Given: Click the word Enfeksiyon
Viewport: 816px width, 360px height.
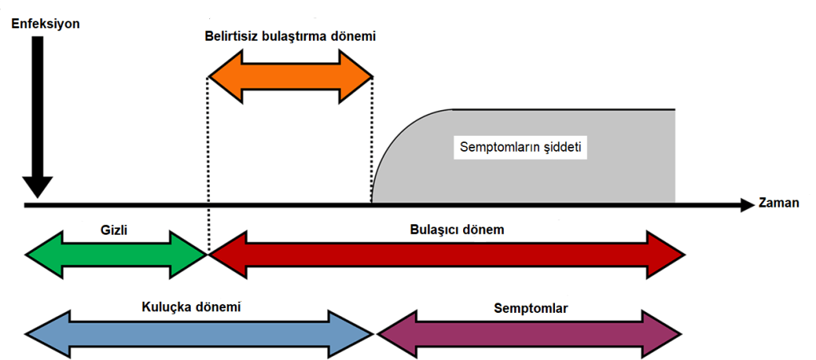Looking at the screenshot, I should click(46, 24).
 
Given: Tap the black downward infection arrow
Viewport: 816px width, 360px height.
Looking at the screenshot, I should click(36, 120).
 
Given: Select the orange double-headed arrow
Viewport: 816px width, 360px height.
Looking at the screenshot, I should click(291, 77).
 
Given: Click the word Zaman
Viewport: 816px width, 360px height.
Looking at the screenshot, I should click(780, 204).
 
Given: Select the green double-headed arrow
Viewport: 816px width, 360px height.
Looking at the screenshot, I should click(116, 254).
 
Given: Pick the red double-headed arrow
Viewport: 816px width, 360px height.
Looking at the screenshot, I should click(447, 254).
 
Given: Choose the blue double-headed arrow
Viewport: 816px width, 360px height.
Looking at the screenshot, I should click(200, 332).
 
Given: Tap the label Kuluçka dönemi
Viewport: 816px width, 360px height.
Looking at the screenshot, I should click(192, 307).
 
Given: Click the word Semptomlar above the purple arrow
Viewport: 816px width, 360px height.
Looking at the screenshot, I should click(531, 307).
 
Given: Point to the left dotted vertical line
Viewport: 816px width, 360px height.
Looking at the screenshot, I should click(208, 160).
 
